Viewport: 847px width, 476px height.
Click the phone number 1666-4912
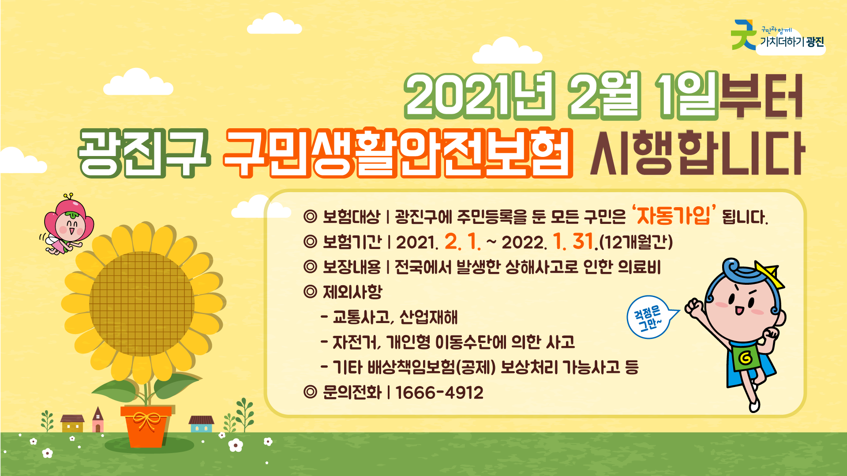tap(439, 393)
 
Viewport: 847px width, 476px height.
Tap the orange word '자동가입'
tap(673, 216)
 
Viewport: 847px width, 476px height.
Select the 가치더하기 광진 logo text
tap(791, 42)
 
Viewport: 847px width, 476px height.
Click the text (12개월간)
tap(636, 242)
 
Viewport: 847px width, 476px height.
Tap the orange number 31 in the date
tap(583, 242)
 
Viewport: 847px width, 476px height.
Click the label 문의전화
tap(352, 393)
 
